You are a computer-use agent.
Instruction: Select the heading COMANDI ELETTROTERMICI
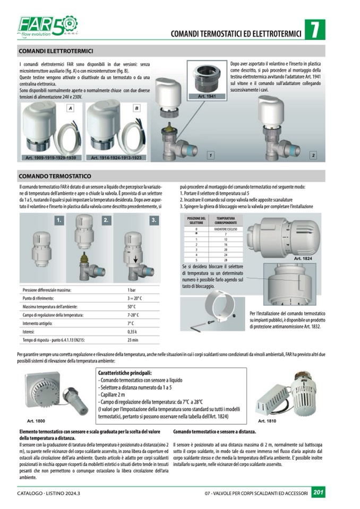point(56,51)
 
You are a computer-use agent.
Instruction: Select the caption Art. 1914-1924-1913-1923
point(116,158)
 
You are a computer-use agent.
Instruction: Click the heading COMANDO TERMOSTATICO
point(55,176)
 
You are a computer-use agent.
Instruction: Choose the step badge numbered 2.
point(106,220)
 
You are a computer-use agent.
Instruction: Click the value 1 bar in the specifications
point(132,290)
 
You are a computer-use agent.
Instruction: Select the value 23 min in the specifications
point(133,340)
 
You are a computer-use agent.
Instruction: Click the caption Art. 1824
point(303,258)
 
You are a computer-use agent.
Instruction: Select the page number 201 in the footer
point(319,493)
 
